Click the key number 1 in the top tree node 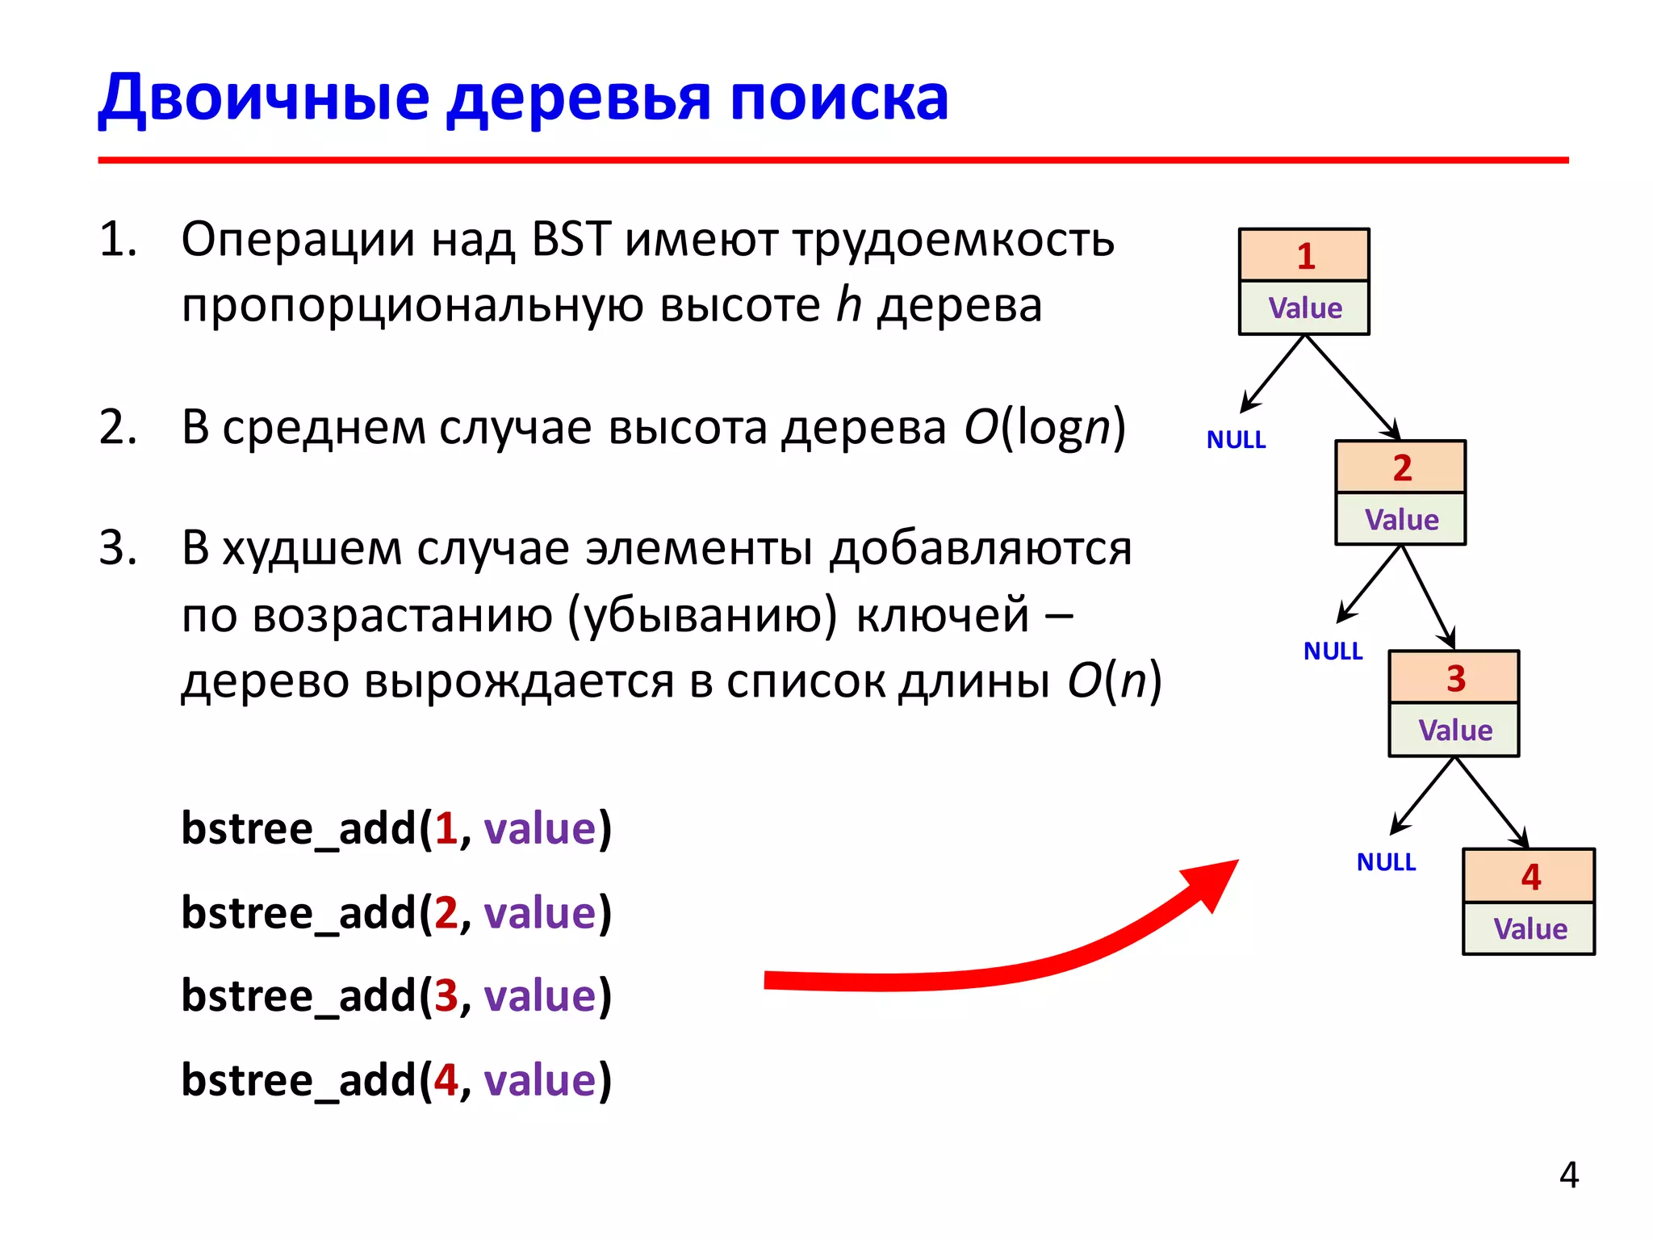point(1305,256)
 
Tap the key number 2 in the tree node point(1402,467)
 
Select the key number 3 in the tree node point(1455,678)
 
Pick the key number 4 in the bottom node point(1530,877)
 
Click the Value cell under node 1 point(1304,308)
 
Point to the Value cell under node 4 point(1530,928)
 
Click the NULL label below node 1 point(1236,440)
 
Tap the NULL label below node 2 point(1333,651)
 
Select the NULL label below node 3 point(1386,862)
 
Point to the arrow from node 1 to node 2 point(1353,387)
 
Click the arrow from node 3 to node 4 point(1492,802)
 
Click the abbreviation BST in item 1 point(571,240)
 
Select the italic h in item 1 point(849,305)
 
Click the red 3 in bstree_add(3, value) point(446,995)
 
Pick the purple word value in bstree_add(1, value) point(539,829)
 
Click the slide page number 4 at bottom point(1568,1175)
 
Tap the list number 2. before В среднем point(118,427)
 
